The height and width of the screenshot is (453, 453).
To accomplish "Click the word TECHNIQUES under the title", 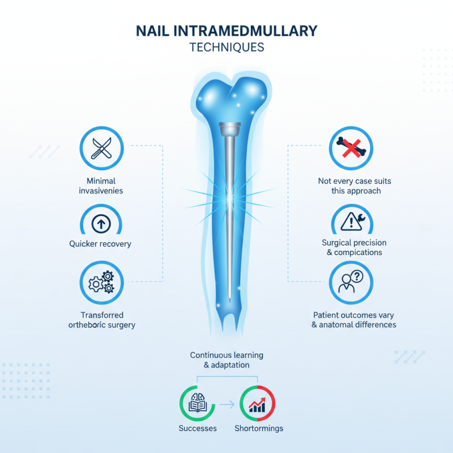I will point(226,47).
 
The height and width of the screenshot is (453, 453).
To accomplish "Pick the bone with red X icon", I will point(351,148).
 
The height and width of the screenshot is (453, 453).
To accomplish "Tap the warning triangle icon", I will point(351,221).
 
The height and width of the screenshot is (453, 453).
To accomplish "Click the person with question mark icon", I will point(351,282).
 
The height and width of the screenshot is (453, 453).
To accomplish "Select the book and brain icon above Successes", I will point(198,404).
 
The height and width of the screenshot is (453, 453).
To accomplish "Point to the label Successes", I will point(198,428).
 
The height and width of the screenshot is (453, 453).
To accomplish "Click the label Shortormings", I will point(259,428).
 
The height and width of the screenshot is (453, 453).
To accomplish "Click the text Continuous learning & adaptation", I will point(226,360).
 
